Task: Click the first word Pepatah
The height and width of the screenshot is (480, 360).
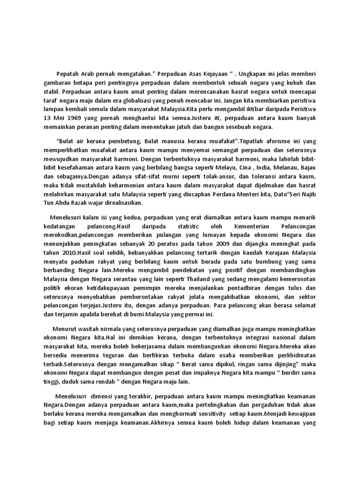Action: point(67,74)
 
